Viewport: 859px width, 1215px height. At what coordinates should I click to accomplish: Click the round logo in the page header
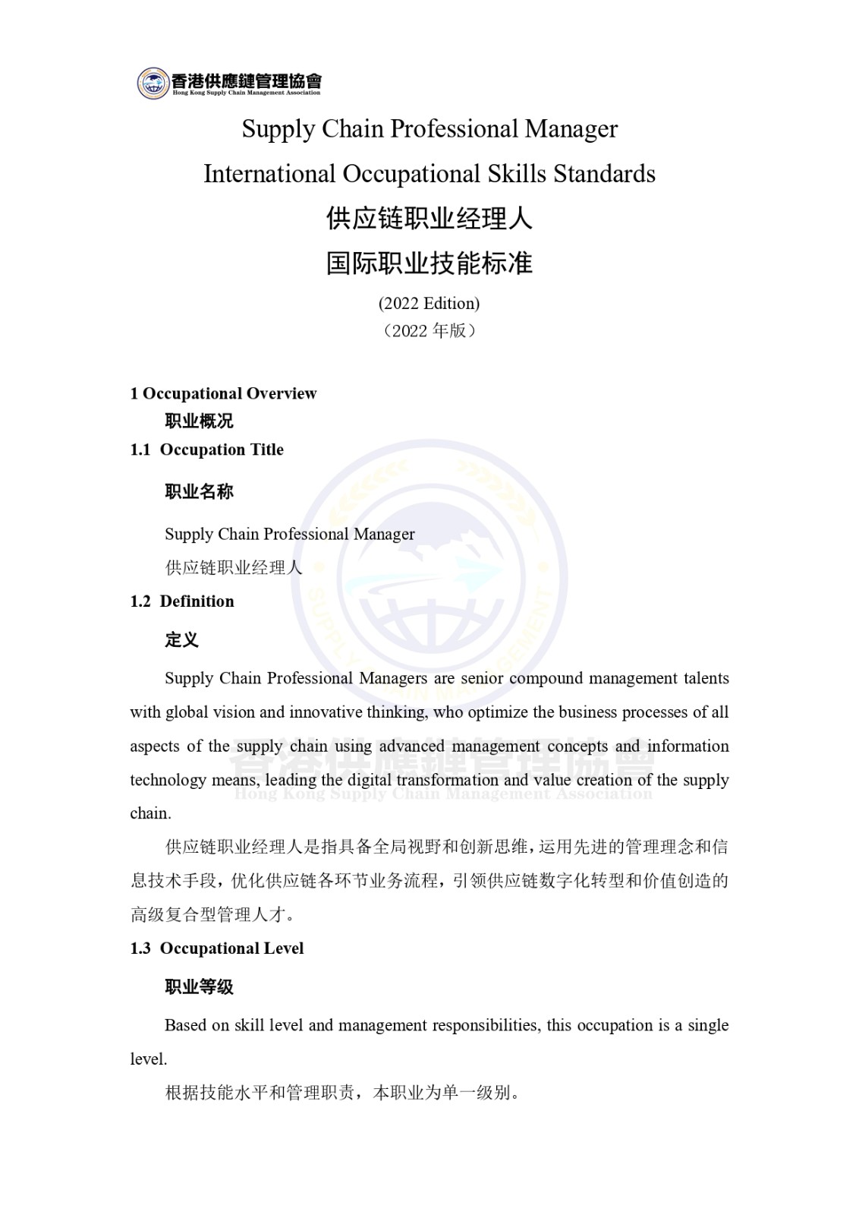(x=153, y=83)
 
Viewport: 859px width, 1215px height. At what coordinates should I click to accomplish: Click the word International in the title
(x=269, y=174)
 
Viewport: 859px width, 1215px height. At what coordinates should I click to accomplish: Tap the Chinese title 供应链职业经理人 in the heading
(x=429, y=219)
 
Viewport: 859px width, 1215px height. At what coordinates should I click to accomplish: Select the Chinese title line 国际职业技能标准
(x=429, y=264)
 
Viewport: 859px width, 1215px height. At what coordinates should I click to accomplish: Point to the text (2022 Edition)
(x=429, y=303)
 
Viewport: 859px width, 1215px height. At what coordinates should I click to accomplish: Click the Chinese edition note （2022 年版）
(x=429, y=330)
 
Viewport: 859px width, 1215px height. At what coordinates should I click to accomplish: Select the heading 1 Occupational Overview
(x=223, y=393)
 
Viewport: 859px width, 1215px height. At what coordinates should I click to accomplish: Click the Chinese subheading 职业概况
(x=199, y=421)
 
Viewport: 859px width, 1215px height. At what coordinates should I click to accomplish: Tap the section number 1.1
(x=140, y=450)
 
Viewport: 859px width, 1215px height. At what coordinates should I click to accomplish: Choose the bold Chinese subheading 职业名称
(x=199, y=491)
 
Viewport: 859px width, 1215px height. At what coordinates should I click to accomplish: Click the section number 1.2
(x=140, y=601)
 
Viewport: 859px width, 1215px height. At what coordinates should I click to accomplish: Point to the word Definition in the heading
(x=197, y=601)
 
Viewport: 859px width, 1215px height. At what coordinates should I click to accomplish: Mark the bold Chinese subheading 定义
(x=182, y=639)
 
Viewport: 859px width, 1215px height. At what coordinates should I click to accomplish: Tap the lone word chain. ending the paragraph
(x=150, y=813)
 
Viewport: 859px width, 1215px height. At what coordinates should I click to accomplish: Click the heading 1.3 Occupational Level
(x=217, y=948)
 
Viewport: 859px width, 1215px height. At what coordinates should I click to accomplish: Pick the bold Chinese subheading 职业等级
(x=199, y=986)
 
